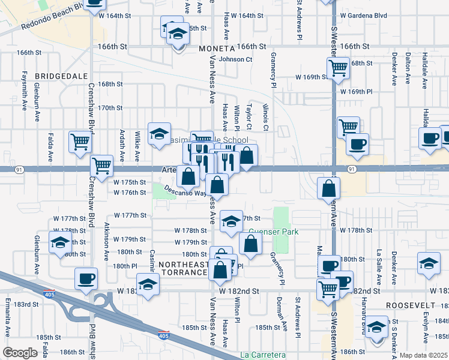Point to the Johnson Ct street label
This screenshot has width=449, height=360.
pos(235,59)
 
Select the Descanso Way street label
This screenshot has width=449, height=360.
pos(187,193)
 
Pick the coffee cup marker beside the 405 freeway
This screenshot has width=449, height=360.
pos(85,278)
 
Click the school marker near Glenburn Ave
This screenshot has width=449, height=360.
pos(60,243)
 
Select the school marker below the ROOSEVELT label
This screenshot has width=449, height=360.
pos(376,328)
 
